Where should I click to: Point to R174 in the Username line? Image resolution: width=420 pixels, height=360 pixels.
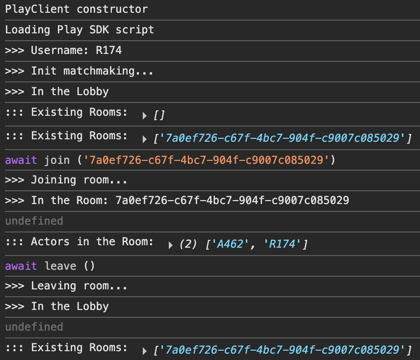pos(109,51)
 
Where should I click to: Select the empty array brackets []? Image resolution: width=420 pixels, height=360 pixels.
pos(159,115)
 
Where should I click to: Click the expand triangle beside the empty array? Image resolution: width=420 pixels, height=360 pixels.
pos(145,116)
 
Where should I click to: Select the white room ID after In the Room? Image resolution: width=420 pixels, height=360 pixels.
pos(232,201)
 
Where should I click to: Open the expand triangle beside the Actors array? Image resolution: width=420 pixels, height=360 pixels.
pos(171,245)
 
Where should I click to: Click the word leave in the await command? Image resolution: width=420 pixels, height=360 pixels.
pos(60,266)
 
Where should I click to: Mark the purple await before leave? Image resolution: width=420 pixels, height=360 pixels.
pos(21,266)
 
